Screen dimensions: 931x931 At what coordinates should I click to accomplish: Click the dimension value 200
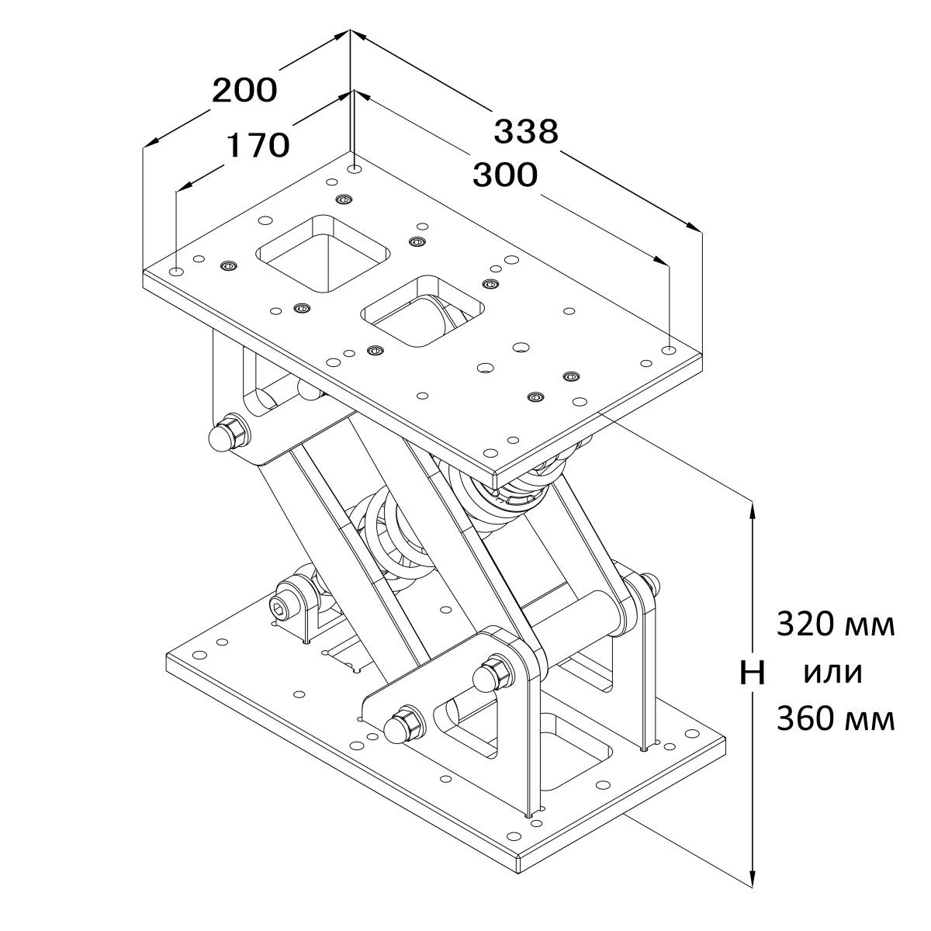244,90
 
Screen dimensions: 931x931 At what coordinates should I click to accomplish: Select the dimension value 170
258,146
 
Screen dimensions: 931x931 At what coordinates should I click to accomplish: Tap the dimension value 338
526,131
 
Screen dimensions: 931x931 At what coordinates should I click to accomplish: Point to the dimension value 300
505,175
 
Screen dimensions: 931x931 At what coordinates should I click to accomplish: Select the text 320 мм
836,625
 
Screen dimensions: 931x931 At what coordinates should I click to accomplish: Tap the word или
833,673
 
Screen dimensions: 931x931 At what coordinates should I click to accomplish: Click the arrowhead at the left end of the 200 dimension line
153,140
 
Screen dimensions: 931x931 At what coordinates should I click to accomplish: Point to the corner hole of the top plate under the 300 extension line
669,350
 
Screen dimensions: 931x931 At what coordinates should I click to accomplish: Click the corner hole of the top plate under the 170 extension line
178,271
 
